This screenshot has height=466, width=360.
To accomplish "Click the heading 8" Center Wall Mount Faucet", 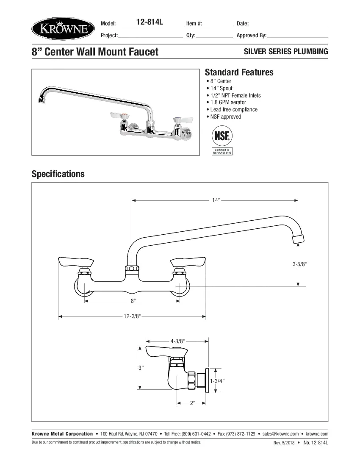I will click(95, 52).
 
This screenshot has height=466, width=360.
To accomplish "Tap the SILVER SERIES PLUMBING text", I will click(286, 52).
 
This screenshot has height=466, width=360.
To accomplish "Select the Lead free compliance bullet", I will click(233, 110).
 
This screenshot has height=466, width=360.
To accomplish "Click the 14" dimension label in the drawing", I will click(216, 200).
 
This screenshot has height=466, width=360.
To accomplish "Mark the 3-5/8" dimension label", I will click(299, 264).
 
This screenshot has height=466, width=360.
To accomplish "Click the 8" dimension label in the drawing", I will click(133, 301).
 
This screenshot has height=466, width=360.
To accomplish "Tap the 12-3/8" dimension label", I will click(132, 316).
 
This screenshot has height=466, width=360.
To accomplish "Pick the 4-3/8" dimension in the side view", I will click(178, 341).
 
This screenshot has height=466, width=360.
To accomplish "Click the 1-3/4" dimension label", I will click(217, 381).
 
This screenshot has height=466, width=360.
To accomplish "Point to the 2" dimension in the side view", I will click(192, 403).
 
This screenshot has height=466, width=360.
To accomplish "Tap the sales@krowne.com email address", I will click(280, 434).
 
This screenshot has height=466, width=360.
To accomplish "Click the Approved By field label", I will click(251, 36).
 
